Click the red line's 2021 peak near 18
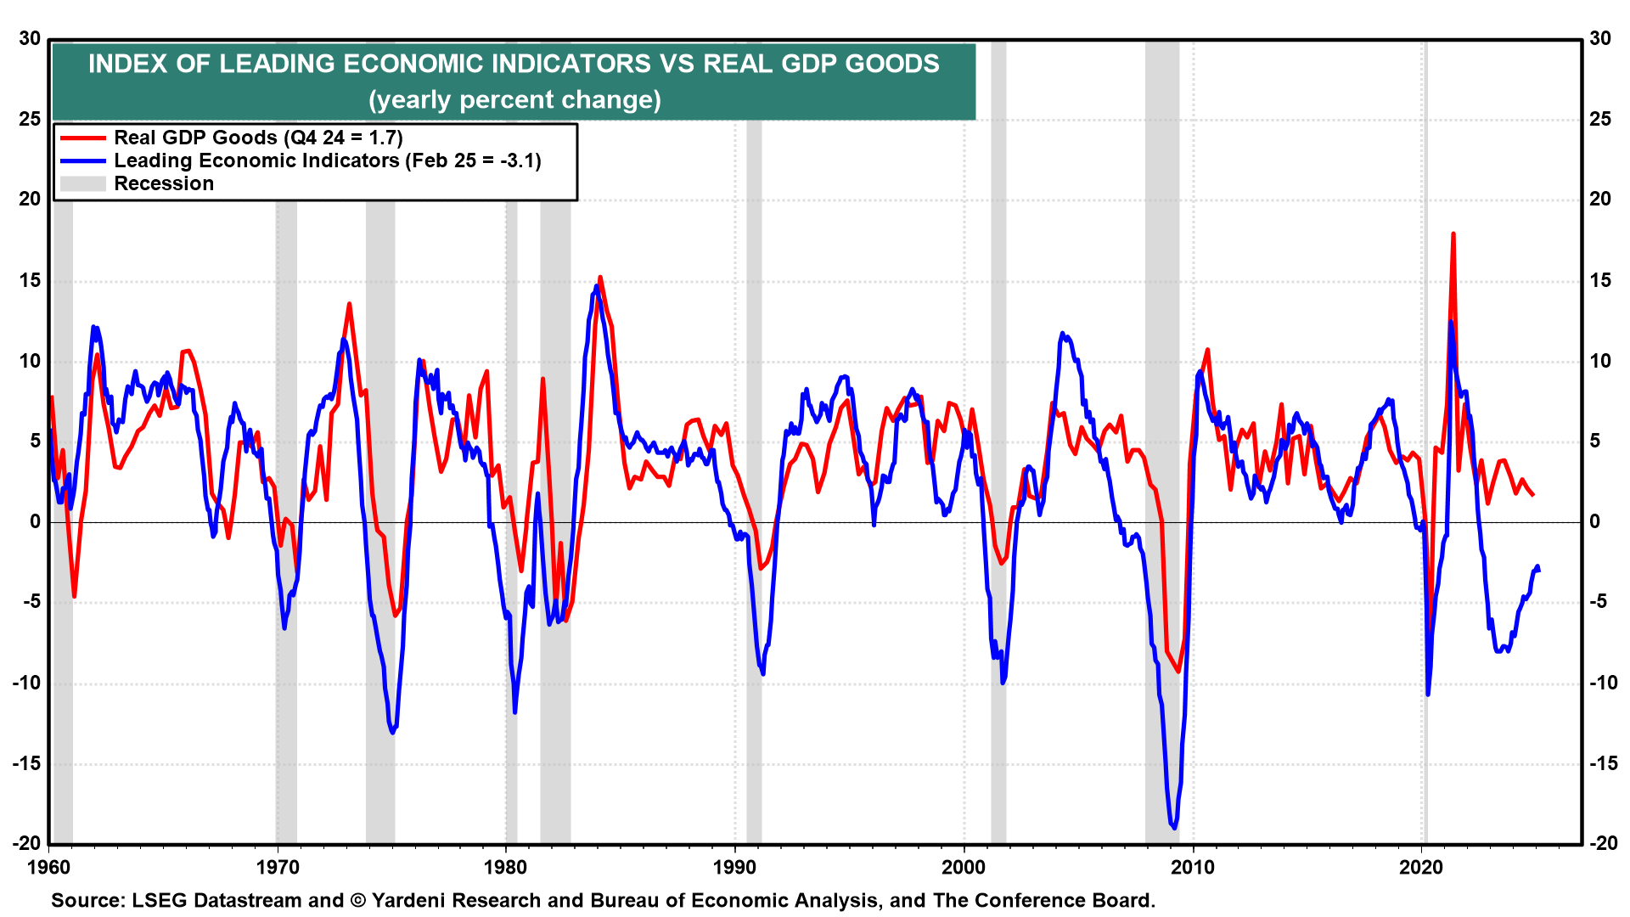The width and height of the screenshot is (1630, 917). pyautogui.click(x=1453, y=234)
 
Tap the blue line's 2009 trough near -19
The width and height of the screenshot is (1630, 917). pyautogui.click(x=1174, y=827)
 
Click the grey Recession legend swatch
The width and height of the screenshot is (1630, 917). pyautogui.click(x=82, y=183)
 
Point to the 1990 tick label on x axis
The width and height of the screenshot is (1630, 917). pyautogui.click(x=735, y=867)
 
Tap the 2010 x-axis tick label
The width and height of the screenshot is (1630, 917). pyautogui.click(x=1193, y=867)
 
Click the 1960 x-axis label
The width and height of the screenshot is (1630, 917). pyautogui.click(x=49, y=867)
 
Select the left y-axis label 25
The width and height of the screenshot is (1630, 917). pyautogui.click(x=30, y=119)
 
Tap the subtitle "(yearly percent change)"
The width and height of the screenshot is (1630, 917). pyautogui.click(x=514, y=100)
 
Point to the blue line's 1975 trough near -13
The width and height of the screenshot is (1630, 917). pyautogui.click(x=392, y=732)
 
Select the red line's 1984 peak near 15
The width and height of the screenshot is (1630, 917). pyautogui.click(x=600, y=278)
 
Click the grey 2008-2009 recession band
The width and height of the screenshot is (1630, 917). pyautogui.click(x=1161, y=425)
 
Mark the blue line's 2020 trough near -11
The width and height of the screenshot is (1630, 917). pyautogui.click(x=1428, y=694)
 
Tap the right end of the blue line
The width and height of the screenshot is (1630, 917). pyautogui.click(x=1537, y=568)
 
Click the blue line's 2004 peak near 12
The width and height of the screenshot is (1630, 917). pyautogui.click(x=1062, y=334)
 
